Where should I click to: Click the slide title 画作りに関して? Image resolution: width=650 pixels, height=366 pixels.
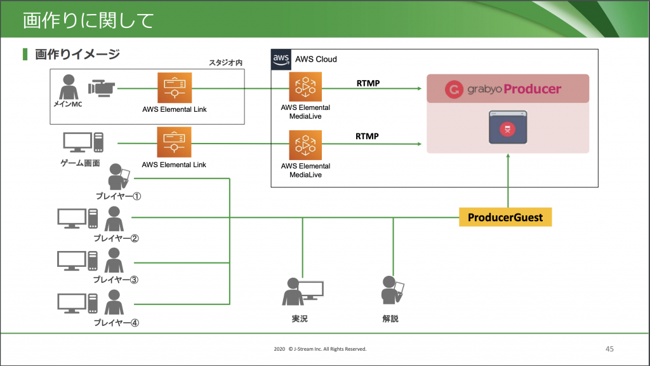88,20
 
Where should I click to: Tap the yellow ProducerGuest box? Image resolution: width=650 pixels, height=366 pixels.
505,217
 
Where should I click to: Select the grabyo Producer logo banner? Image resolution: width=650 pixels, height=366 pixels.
508,89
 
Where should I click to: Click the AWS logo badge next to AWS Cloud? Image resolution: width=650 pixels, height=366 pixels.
281,58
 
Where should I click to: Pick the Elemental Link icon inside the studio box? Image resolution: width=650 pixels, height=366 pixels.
174,88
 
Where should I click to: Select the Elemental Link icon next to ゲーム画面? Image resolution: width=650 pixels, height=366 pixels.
174,143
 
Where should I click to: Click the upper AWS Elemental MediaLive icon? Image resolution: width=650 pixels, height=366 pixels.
305,88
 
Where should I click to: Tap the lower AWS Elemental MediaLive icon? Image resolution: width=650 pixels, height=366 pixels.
305,146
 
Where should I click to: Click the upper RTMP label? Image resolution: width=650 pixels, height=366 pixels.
368,83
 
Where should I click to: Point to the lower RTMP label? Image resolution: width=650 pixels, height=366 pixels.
368,136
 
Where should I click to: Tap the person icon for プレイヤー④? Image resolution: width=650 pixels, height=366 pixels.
114,302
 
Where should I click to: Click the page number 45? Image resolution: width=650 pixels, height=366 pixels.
609,349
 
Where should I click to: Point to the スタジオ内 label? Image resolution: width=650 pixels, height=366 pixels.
226,62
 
